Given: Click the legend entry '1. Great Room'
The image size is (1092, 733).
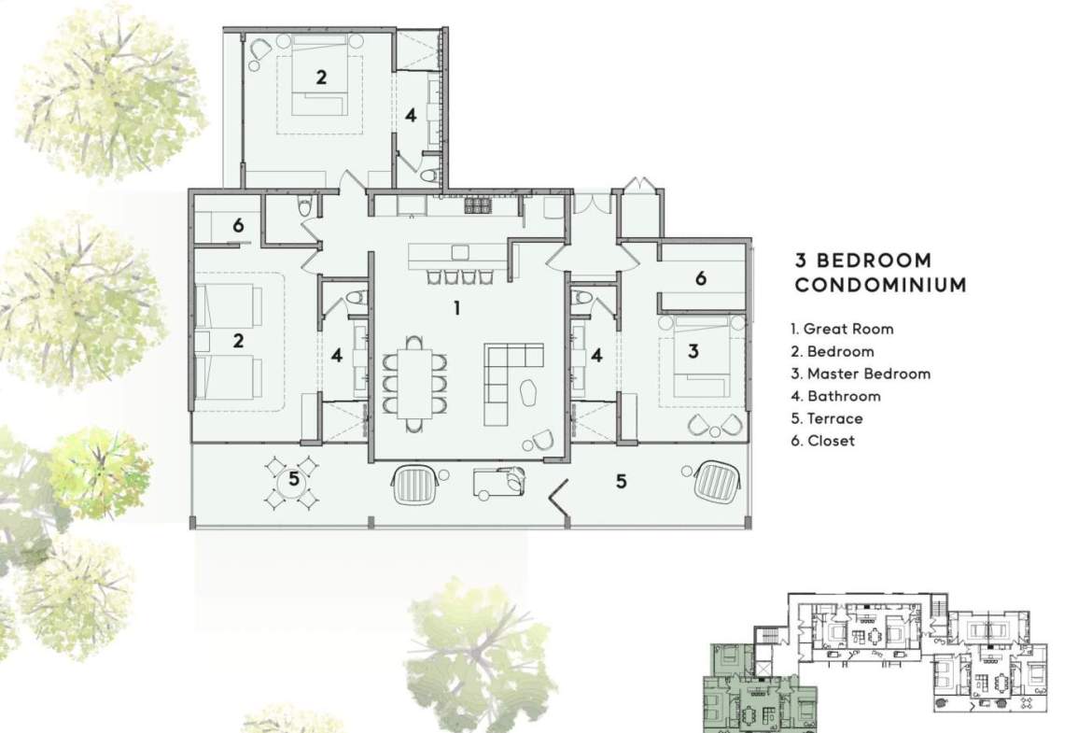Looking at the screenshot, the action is tap(842, 329).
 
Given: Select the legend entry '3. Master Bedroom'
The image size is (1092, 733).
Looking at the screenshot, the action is tap(861, 374).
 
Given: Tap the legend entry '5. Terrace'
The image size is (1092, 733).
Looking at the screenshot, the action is tap(827, 418).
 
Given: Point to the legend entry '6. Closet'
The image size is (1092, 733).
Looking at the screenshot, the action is tap(822, 441).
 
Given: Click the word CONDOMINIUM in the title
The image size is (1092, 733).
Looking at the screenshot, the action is tap(881, 284).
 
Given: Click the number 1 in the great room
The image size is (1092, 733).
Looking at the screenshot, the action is tap(456, 308).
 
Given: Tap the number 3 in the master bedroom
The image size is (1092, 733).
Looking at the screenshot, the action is tap(693, 351).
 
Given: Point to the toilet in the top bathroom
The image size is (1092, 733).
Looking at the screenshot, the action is tap(429, 174).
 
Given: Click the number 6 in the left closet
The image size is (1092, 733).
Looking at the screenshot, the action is tap(238, 225).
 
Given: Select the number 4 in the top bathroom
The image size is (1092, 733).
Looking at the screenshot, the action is tap(411, 115).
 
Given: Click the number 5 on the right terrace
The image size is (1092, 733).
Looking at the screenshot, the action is tap(622, 481).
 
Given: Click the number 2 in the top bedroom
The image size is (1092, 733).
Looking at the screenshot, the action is tap(320, 77).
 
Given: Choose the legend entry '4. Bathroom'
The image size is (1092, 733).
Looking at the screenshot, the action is tap(835, 396).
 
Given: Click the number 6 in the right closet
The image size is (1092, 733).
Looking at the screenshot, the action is tap(701, 278).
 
